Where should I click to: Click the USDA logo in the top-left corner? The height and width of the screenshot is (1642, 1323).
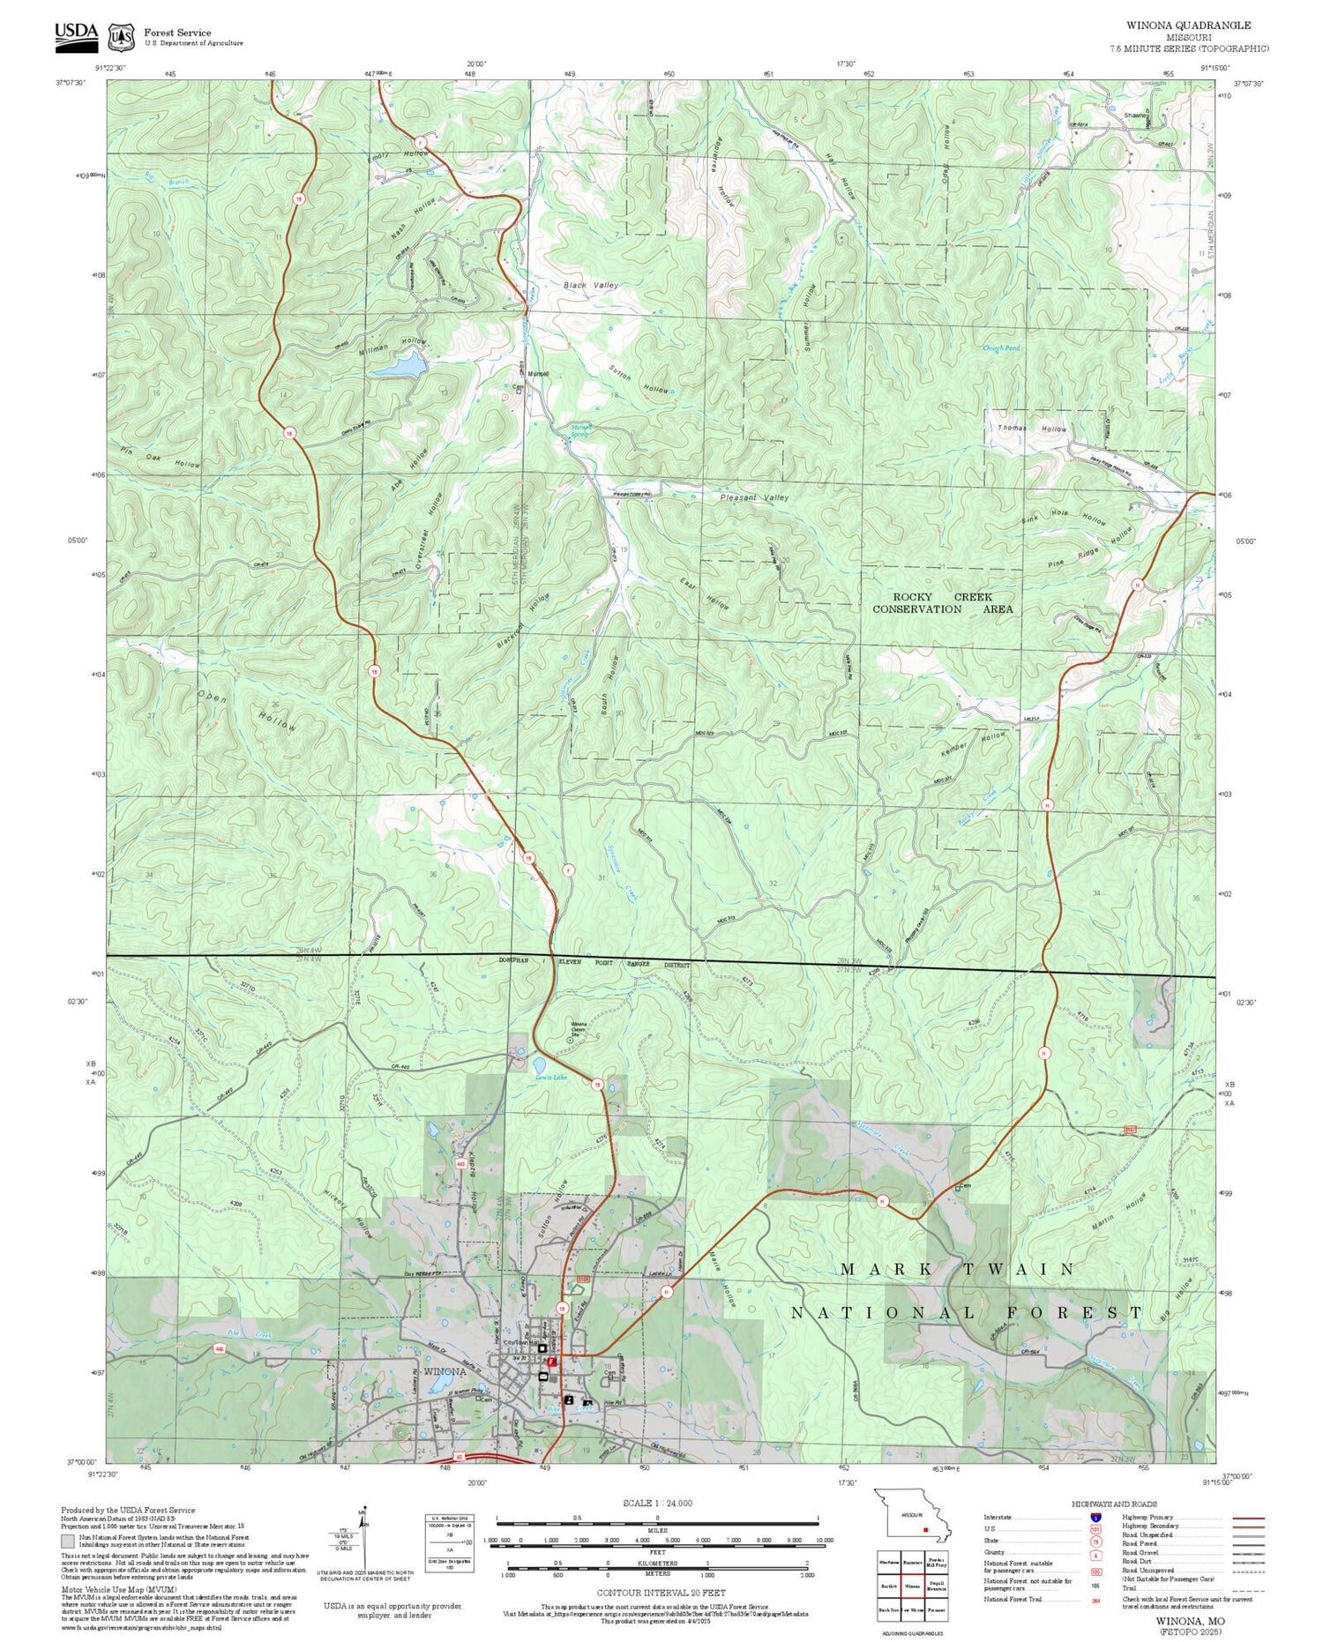pos(76,34)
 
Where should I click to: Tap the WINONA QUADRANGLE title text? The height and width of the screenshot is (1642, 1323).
pos(1187,26)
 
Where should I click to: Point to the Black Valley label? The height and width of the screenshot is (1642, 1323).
pos(591,286)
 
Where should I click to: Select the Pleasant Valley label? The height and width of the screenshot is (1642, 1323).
pos(754,498)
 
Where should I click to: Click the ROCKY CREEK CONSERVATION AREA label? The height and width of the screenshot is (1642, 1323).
pos(942,603)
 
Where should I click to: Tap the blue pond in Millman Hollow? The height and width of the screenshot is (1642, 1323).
pos(402,364)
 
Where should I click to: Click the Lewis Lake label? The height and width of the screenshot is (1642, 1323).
pos(550,1077)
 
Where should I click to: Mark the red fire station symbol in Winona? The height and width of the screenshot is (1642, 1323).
pos(552,1362)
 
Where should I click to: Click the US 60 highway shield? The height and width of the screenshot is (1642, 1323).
pos(459,1457)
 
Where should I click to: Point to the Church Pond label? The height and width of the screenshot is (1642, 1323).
pos(1001,348)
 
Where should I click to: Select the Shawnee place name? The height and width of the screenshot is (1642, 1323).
pos(1136,116)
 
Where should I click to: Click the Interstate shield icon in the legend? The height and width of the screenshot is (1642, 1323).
pos(1096,1516)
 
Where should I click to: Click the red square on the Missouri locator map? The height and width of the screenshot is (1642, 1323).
pos(925,1530)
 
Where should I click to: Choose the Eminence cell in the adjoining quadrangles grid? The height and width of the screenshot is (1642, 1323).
pos(912,1561)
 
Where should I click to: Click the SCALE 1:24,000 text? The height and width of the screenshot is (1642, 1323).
pos(657,1503)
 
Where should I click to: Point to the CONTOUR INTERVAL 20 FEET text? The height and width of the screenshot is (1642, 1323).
pos(661,1593)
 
